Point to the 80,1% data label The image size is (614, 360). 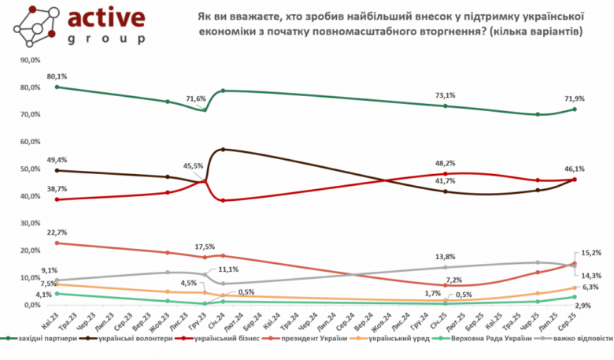coord(57,76)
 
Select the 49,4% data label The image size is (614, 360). coord(57,159)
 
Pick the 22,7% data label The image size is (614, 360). coord(57,232)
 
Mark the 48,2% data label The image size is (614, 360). coord(447,164)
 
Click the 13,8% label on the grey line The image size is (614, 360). coord(447,258)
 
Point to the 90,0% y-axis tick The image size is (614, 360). coord(30,60)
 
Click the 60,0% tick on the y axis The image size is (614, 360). coord(30,142)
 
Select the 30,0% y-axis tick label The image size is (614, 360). coord(30,223)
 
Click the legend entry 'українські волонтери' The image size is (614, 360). coord(137,339)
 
